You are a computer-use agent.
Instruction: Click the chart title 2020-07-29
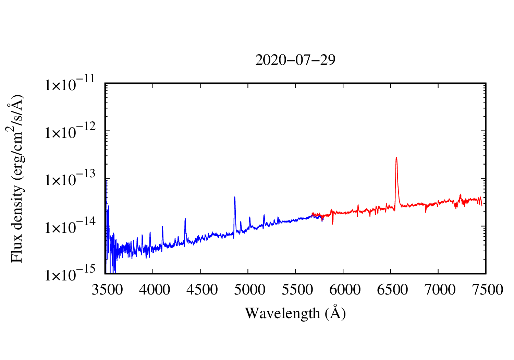click(x=295, y=60)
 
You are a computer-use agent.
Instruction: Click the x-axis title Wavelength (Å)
click(x=295, y=313)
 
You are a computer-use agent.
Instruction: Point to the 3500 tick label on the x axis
click(x=107, y=290)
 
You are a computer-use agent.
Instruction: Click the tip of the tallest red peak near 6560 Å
click(x=396, y=157)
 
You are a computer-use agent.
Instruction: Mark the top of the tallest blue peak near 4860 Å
click(x=235, y=196)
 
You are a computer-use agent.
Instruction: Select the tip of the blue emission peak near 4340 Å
click(x=185, y=218)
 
